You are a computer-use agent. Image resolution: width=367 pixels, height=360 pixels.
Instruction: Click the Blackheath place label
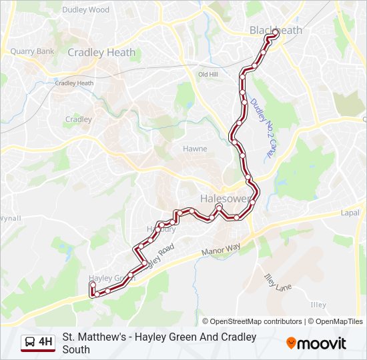click(275, 30)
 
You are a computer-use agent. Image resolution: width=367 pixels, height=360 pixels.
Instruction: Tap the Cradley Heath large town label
click(101, 52)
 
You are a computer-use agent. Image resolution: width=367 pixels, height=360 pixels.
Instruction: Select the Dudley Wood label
click(85, 10)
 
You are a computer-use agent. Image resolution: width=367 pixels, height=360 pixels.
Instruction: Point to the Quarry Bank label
click(32, 51)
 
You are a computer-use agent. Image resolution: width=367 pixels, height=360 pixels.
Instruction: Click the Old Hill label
click(208, 75)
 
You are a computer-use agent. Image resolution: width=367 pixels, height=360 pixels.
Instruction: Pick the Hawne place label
click(195, 149)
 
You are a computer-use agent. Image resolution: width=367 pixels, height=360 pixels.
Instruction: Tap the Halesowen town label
click(226, 199)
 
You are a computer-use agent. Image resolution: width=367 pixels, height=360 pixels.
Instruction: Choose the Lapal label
click(349, 213)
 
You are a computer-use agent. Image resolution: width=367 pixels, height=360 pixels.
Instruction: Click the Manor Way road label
click(220, 251)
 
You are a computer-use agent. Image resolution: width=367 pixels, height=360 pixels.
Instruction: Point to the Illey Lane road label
click(278, 283)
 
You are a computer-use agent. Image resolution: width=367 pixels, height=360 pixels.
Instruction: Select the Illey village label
click(318, 305)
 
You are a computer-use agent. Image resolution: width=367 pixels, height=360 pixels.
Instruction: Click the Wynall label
click(10, 218)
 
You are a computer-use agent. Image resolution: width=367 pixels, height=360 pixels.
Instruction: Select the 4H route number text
click(45, 343)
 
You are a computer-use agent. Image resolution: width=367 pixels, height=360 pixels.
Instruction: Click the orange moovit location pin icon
click(291, 343)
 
